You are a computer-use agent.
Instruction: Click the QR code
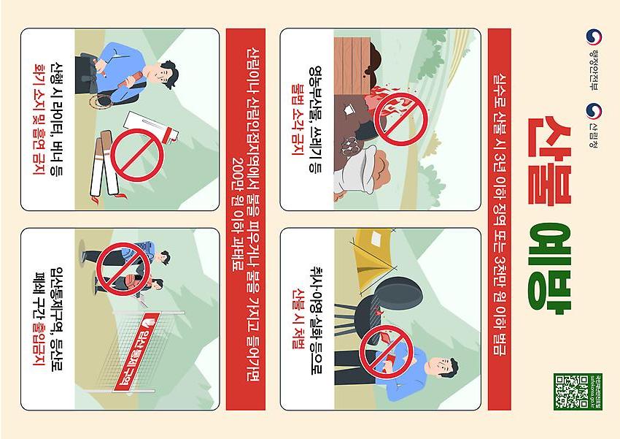pyautogui.click(x=573, y=392)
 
